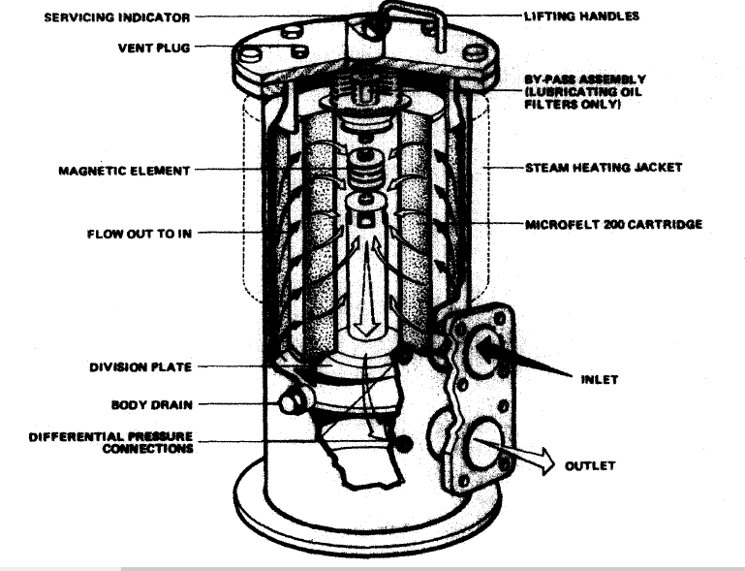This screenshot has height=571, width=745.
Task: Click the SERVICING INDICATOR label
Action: (x=117, y=17)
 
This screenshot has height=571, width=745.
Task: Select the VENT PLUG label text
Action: (x=155, y=48)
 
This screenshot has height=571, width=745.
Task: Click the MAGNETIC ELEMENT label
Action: (x=124, y=171)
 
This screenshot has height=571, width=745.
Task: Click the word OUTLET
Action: (x=590, y=466)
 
